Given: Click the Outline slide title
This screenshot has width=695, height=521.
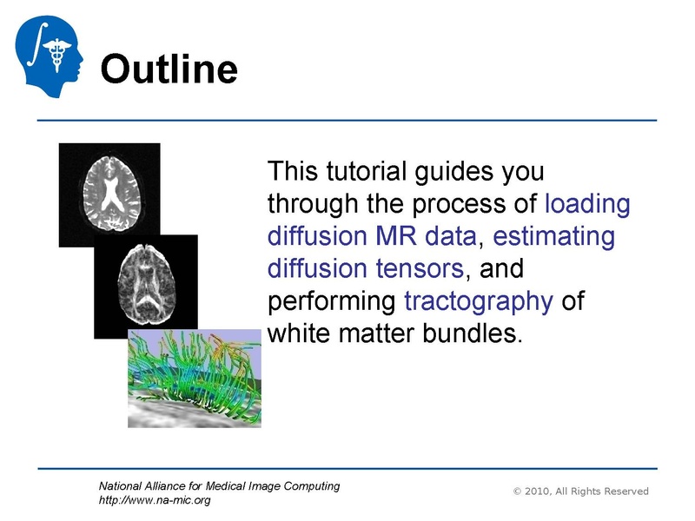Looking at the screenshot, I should point(169,68).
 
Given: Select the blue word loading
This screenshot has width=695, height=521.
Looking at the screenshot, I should point(587,204).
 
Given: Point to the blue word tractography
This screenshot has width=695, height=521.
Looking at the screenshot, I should point(479,301).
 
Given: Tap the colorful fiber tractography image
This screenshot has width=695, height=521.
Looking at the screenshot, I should point(194,377).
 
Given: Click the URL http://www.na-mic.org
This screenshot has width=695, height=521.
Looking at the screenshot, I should point(156,500).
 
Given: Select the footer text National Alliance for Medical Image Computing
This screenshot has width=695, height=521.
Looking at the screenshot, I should point(219,486).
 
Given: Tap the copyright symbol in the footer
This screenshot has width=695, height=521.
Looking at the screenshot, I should point(518,491).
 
